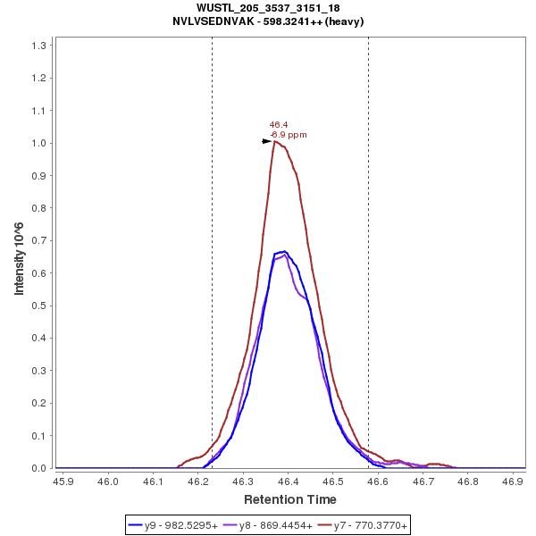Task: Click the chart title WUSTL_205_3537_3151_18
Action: click(x=268, y=7)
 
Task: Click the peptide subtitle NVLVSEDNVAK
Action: click(x=268, y=21)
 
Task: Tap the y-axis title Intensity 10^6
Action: click(x=19, y=256)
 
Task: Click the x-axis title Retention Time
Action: click(x=290, y=499)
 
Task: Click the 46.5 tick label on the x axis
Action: click(x=333, y=481)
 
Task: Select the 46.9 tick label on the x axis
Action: click(x=513, y=481)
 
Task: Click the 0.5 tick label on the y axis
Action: click(x=40, y=306)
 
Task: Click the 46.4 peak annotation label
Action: click(x=279, y=125)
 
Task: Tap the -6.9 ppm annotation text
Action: click(x=289, y=135)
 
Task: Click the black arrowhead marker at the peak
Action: click(x=266, y=141)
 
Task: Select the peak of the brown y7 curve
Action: click(x=276, y=141)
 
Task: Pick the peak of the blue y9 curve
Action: click(x=284, y=252)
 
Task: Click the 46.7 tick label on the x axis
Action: click(x=423, y=481)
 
